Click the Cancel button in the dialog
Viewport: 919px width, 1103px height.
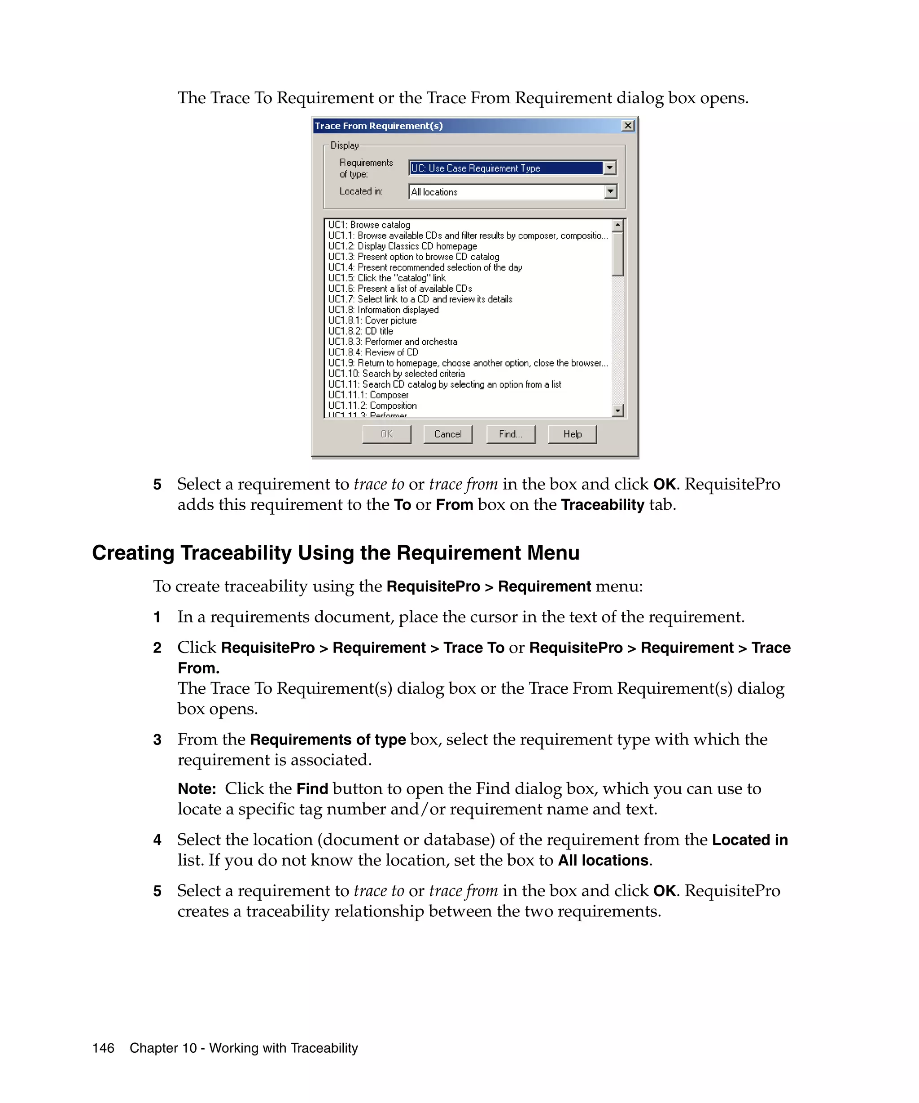coord(447,434)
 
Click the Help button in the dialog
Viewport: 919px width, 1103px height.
coord(572,434)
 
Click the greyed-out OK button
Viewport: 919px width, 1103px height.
coord(386,434)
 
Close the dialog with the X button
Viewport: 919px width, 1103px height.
coord(627,126)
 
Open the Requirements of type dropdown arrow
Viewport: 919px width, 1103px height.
coord(609,168)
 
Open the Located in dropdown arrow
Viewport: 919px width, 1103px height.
coord(610,192)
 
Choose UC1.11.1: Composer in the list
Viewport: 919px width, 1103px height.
coord(368,395)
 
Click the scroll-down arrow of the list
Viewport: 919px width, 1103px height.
coord(618,410)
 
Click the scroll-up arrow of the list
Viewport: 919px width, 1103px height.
coord(618,225)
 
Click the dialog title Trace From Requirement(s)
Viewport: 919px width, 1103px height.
coord(379,126)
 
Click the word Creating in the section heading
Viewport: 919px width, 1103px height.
coord(133,553)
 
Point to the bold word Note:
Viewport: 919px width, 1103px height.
coord(197,789)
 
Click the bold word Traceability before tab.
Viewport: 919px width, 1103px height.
coord(602,505)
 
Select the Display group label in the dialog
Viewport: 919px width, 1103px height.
coord(345,145)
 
